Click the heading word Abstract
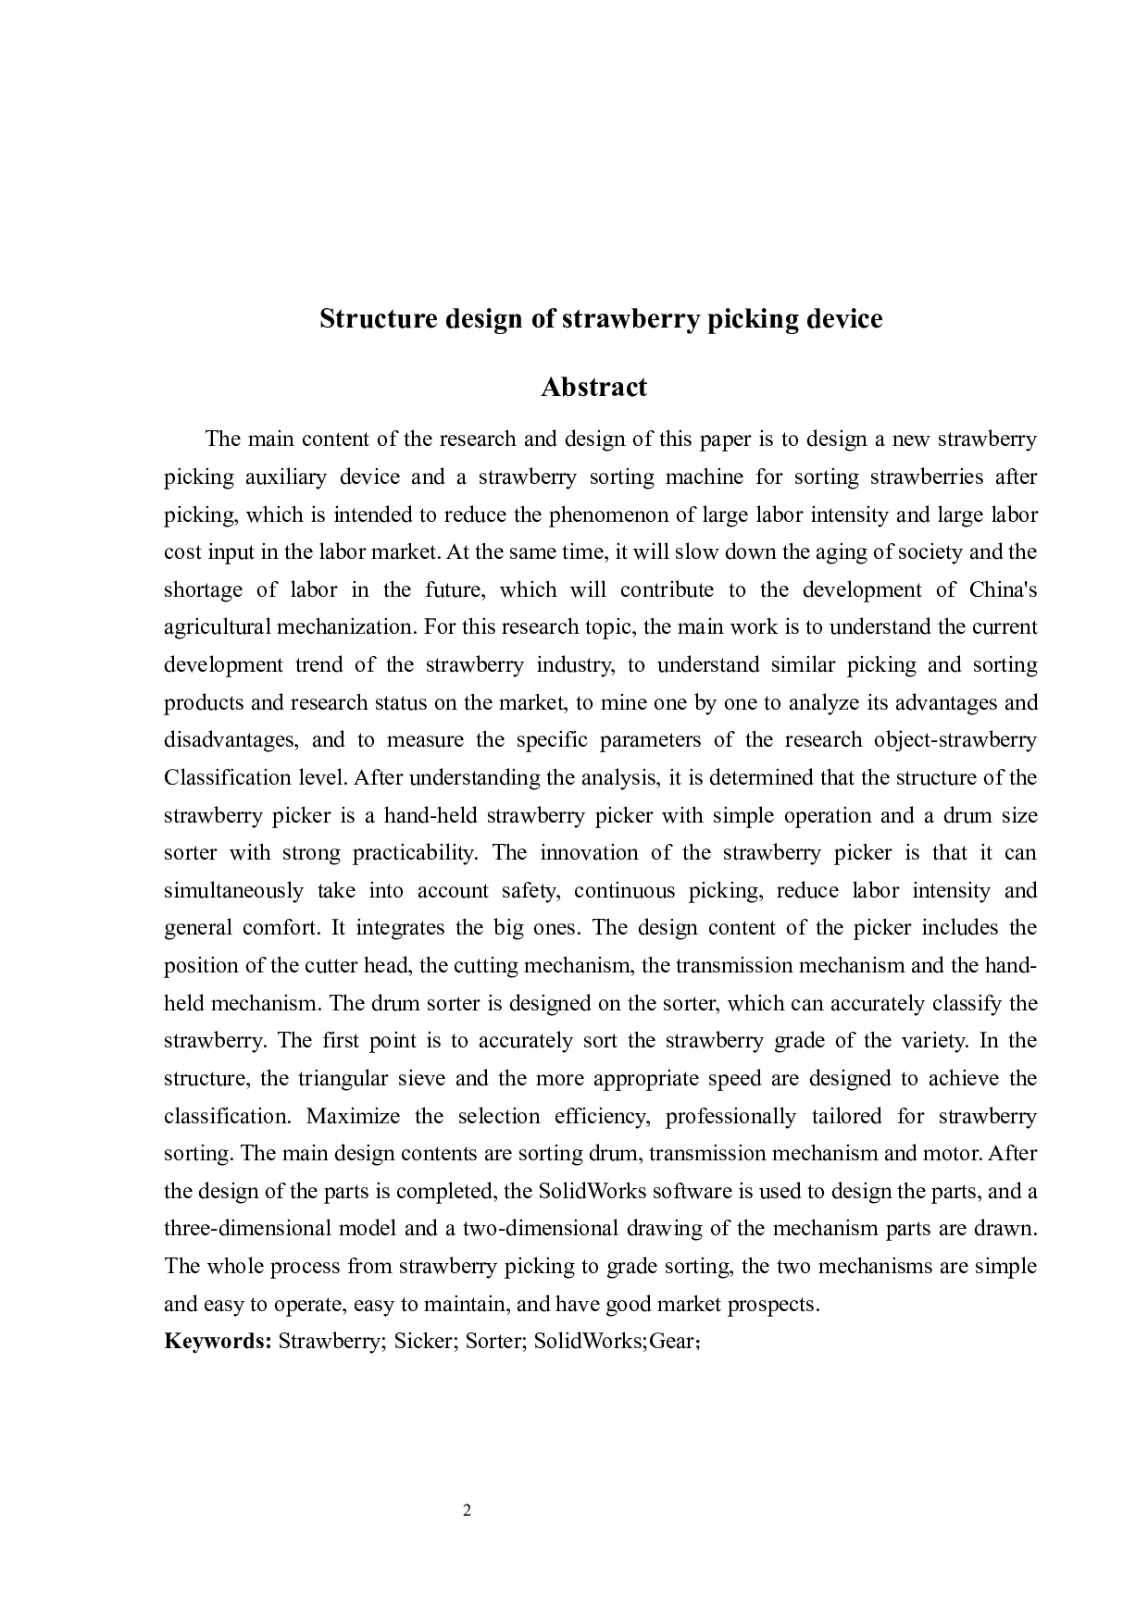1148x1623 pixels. [x=593, y=387]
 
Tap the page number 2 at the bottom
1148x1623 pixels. [x=467, y=1511]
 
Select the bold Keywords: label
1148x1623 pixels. [x=217, y=1341]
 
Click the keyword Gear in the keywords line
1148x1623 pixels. [x=671, y=1341]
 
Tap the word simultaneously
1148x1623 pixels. [x=233, y=890]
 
